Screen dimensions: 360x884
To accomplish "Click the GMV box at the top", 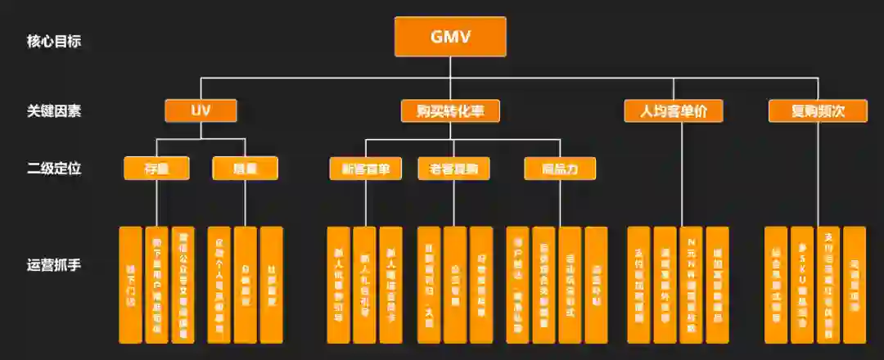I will [x=450, y=38].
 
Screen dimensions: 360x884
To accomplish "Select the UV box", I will [x=201, y=110].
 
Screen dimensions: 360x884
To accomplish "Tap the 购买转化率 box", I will [x=450, y=110].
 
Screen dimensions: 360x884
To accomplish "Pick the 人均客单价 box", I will [x=674, y=110].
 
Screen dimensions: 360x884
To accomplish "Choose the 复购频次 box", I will [x=819, y=110].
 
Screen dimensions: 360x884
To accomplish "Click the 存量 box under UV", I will [x=156, y=169].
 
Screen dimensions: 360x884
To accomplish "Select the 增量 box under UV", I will [x=245, y=169].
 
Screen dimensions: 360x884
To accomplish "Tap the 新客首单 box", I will [x=365, y=169].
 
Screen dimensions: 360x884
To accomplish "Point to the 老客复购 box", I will [x=453, y=169].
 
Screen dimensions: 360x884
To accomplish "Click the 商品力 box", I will [x=560, y=169].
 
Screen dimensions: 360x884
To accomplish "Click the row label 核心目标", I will [x=54, y=41].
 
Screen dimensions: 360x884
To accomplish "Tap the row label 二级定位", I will [x=54, y=169].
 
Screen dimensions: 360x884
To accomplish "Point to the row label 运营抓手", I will [x=54, y=265].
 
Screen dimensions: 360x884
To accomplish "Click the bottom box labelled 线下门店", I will [x=131, y=285].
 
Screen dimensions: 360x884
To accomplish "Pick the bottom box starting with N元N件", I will [x=691, y=285].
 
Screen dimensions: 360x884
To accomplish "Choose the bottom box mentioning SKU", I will [x=802, y=285].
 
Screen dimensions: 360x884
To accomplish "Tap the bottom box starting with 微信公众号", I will [x=183, y=285].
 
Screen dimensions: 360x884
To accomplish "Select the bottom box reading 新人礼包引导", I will [x=365, y=285].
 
